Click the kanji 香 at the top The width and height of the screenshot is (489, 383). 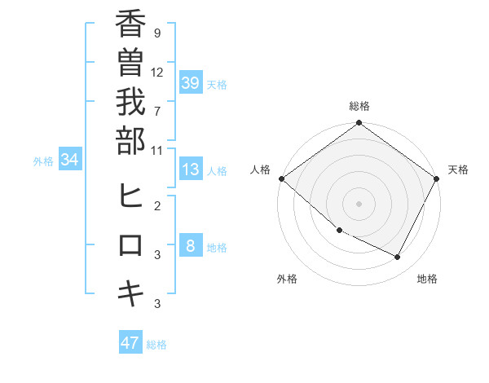click(130, 25)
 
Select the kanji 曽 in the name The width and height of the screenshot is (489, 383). click(130, 64)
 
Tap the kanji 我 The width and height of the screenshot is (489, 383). click(130, 103)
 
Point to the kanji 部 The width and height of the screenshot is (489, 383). click(130, 143)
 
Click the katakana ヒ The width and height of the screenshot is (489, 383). click(130, 196)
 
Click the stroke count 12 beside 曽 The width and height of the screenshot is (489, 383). click(157, 72)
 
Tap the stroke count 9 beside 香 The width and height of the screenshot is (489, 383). click(156, 33)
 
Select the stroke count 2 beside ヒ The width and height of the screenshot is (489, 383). click(156, 205)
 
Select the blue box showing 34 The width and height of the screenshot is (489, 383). click(69, 160)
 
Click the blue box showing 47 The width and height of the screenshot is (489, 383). click(130, 343)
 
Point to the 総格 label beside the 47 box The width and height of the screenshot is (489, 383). click(156, 345)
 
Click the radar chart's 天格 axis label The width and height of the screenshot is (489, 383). click(458, 169)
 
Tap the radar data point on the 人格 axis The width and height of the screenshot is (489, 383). click(281, 178)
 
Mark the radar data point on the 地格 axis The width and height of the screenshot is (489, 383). click(398, 258)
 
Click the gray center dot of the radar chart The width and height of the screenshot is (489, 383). click(359, 204)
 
